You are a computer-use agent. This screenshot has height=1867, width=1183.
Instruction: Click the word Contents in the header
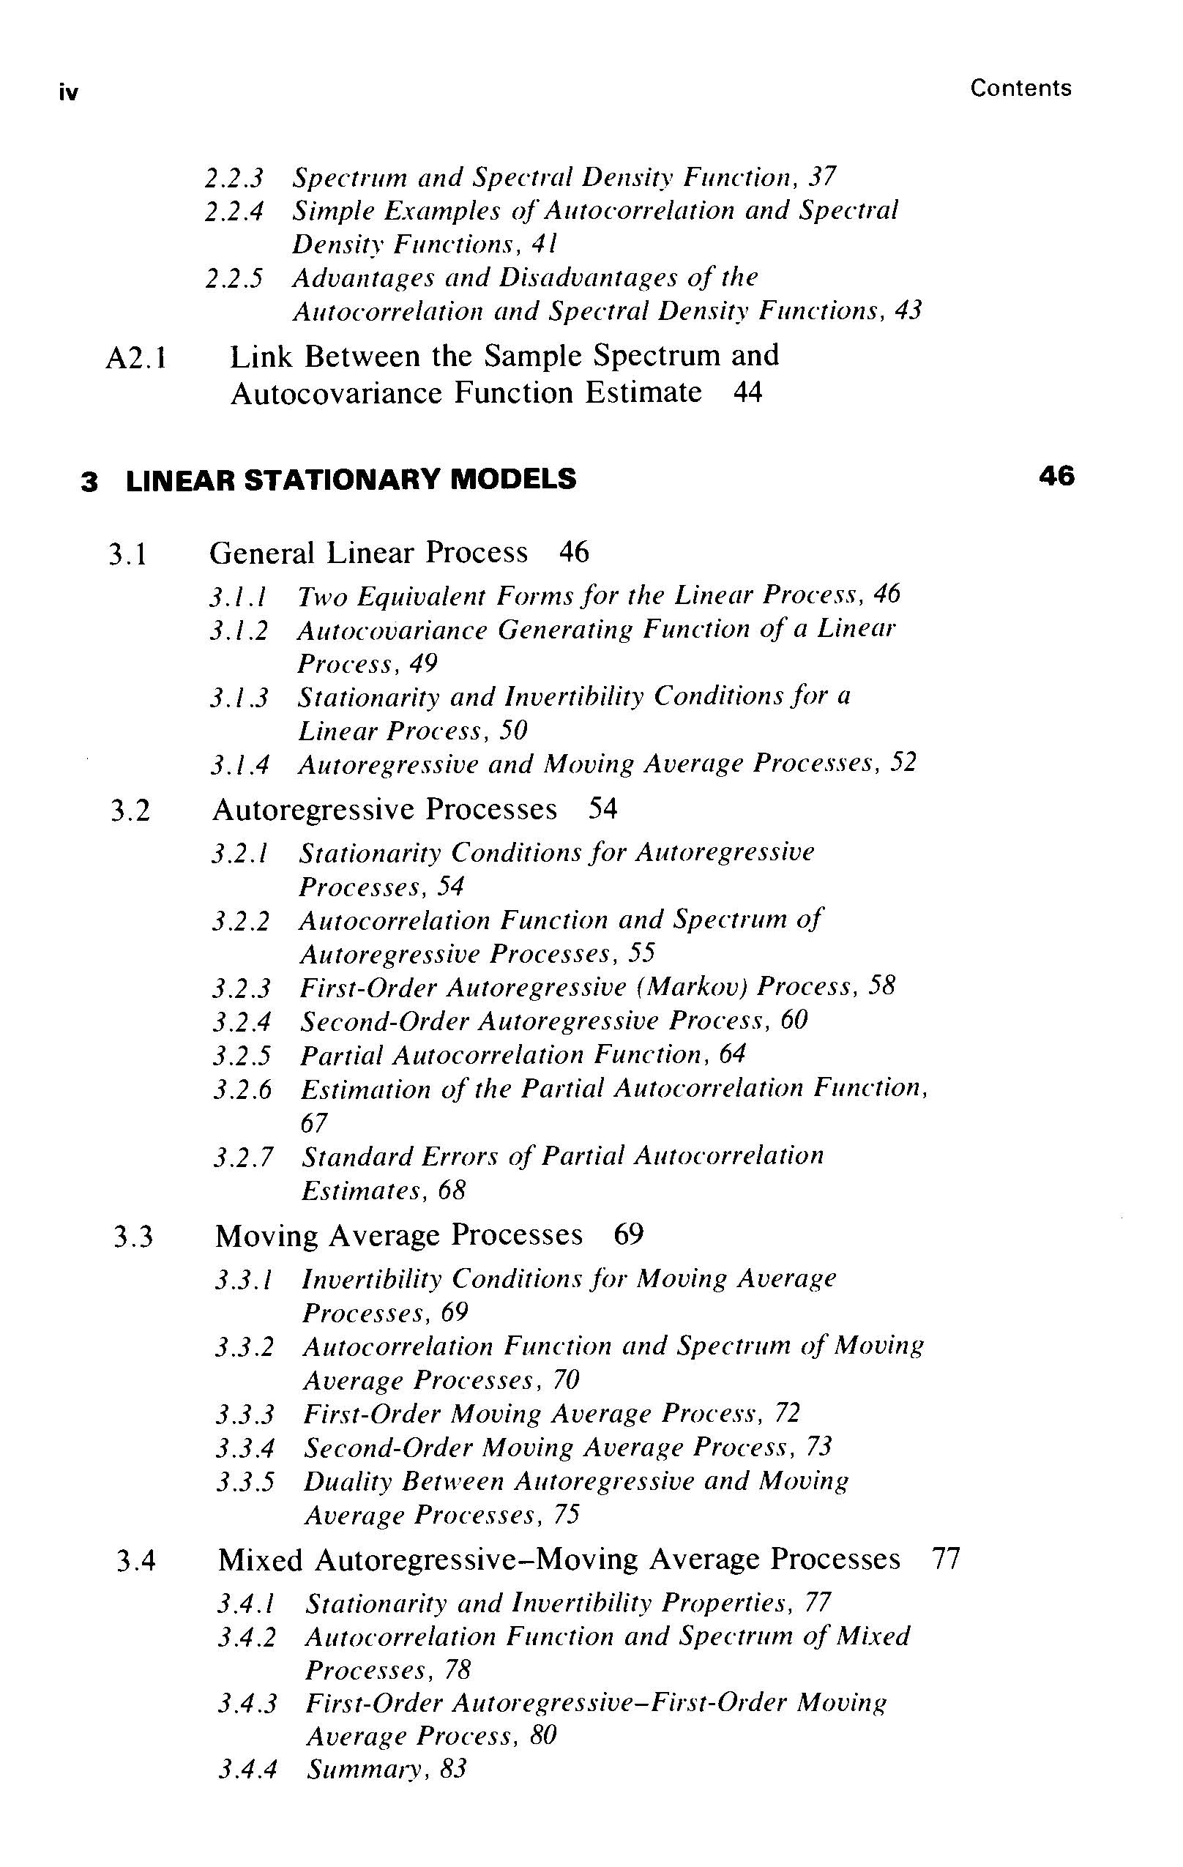tap(1020, 89)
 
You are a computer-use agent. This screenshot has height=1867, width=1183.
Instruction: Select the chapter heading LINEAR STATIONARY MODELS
tap(351, 479)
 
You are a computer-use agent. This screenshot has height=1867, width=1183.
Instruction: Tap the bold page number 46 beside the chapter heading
tap(1057, 476)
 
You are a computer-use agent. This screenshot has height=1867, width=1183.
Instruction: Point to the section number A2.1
tap(136, 359)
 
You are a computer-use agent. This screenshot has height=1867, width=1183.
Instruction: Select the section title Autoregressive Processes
tap(384, 810)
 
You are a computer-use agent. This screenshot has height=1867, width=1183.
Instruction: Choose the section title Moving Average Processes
tap(398, 1235)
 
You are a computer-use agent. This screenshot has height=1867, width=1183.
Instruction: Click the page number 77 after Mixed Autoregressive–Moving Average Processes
tap(946, 1559)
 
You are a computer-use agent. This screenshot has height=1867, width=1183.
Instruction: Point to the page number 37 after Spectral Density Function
tap(821, 178)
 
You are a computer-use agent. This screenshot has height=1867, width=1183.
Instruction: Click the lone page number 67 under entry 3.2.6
tap(314, 1123)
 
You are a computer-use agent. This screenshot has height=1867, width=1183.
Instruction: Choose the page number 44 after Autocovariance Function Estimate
tap(747, 392)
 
